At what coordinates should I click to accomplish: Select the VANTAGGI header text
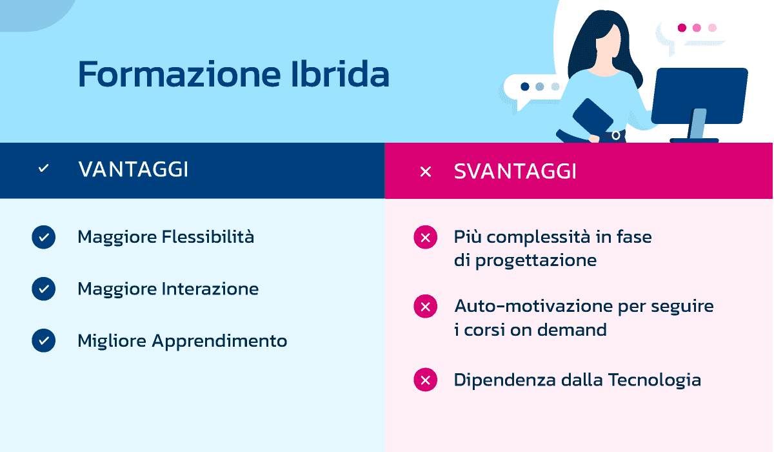pos(133,170)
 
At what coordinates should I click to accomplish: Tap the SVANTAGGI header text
pos(515,171)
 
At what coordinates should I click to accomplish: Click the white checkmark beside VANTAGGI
pos(43,169)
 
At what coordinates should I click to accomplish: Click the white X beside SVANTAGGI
pos(425,172)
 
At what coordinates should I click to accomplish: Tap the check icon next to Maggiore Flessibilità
pos(43,238)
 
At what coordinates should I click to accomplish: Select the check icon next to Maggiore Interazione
pos(43,289)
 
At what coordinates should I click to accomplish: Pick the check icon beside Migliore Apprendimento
pos(43,340)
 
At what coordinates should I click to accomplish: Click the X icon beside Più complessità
pos(425,238)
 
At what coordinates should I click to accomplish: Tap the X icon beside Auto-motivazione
pos(425,306)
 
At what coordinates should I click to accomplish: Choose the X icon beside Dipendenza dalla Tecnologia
pos(425,380)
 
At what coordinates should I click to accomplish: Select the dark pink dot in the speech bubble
pos(682,28)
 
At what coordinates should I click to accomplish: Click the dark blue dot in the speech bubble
pos(525,87)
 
